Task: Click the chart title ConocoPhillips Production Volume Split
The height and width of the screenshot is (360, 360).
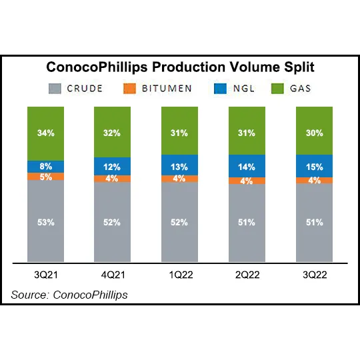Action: tap(180, 67)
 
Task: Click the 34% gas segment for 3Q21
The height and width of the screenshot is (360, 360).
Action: tap(46, 133)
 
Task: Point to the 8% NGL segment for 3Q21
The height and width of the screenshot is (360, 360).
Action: tap(46, 167)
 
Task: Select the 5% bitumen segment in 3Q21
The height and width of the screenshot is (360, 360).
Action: tap(46, 177)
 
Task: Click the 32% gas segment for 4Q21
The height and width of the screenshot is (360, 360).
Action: tap(113, 132)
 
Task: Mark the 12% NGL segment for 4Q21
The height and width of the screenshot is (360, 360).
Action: tap(113, 166)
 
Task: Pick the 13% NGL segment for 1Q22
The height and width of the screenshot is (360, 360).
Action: tap(180, 166)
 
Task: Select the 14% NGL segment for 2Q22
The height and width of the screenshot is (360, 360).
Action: tap(247, 167)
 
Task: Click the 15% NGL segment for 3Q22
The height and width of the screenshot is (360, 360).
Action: tap(314, 166)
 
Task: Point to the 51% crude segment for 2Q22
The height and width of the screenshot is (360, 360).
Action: tap(247, 223)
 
